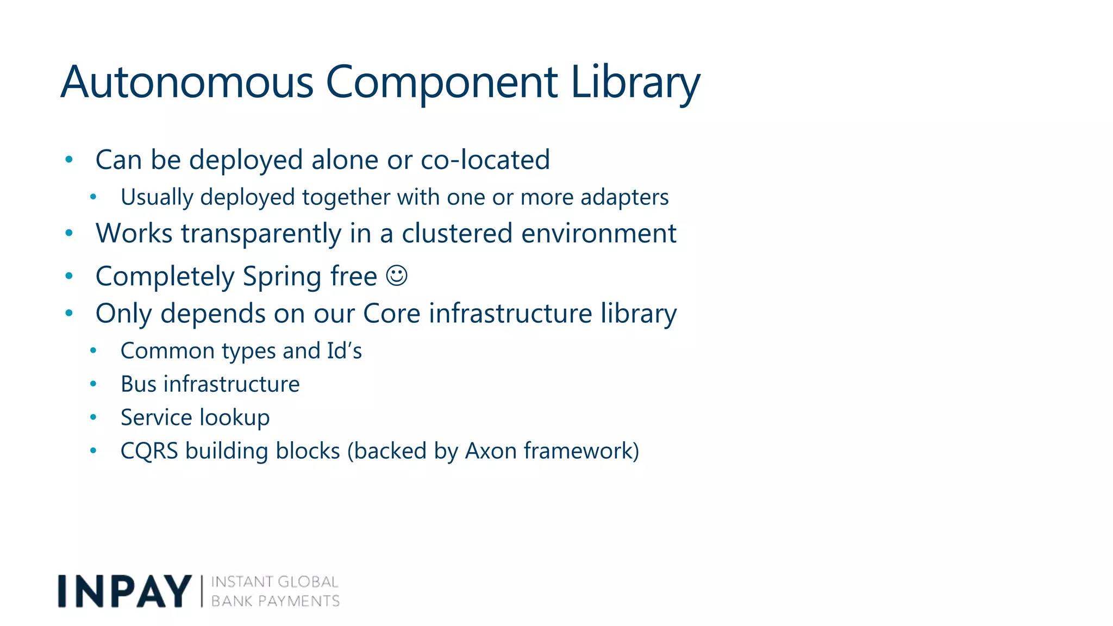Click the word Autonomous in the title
pos(187,83)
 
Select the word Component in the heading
pos(441,83)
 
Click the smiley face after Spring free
pos(397,276)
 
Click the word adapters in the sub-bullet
pos(624,197)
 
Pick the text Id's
pos(345,351)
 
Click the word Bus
pos(139,384)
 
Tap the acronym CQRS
pos(149,451)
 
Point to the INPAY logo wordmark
pos(124,591)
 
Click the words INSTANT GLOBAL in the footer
pos(274,582)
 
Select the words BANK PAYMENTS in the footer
pos(275,601)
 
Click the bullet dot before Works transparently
pos(69,233)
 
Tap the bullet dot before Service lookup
pos(93,417)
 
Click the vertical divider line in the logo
pos(202,591)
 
